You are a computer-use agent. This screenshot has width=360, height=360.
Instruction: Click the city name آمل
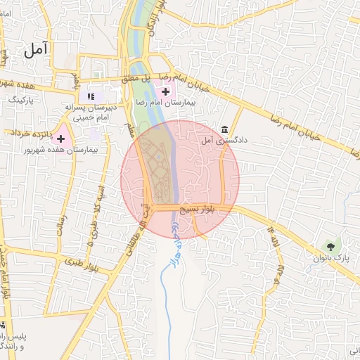click(36, 49)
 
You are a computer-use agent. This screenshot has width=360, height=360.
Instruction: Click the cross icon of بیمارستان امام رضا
click(166, 91)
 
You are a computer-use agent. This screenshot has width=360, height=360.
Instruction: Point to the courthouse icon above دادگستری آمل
click(224, 129)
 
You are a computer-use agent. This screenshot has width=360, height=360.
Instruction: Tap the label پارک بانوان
click(330, 258)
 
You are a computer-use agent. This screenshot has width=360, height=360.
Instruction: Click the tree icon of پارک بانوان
click(330, 246)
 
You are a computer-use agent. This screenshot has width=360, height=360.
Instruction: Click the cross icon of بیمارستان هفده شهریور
click(61, 139)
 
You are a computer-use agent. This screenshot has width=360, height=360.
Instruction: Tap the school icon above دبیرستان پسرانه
click(91, 96)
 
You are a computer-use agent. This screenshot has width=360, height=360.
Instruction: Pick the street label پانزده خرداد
click(28, 132)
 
